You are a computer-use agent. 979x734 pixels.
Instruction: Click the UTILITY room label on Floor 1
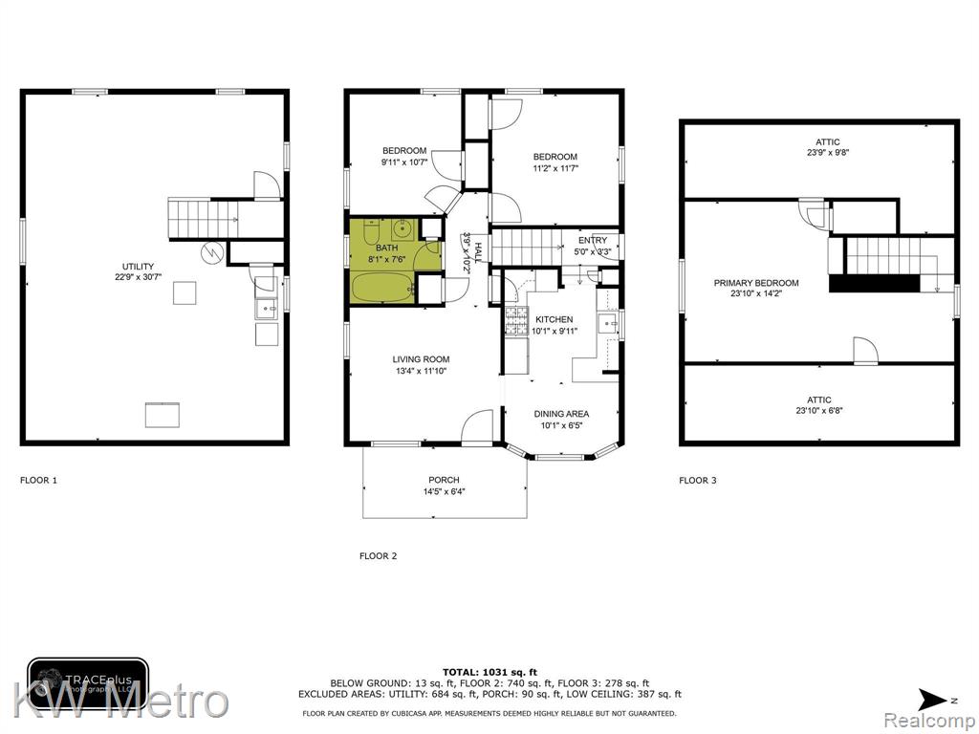(x=138, y=267)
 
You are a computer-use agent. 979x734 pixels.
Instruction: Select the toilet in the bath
(x=372, y=231)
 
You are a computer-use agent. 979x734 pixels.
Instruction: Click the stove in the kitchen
(x=516, y=321)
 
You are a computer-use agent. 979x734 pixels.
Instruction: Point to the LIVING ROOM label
(x=421, y=359)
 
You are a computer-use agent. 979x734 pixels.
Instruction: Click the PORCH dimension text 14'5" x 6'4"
(x=444, y=491)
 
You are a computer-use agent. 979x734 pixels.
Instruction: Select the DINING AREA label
(x=561, y=414)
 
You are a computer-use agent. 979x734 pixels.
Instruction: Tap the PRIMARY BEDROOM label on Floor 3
(x=756, y=283)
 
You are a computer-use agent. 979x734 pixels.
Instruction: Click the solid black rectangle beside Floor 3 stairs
(x=874, y=283)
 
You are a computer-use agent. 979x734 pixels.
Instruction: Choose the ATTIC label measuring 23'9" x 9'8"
(x=827, y=141)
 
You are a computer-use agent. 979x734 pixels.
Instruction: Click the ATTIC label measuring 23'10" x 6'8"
(x=819, y=400)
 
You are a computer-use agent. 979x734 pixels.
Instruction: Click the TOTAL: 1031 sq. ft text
(x=489, y=672)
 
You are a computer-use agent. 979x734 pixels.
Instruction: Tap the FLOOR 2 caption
(x=378, y=556)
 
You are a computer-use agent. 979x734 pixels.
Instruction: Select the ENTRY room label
(x=593, y=240)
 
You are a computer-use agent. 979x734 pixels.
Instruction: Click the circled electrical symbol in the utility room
(x=211, y=252)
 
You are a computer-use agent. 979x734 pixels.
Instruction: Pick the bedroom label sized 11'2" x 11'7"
(x=555, y=157)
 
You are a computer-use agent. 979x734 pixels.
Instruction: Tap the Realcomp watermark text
(x=929, y=722)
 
